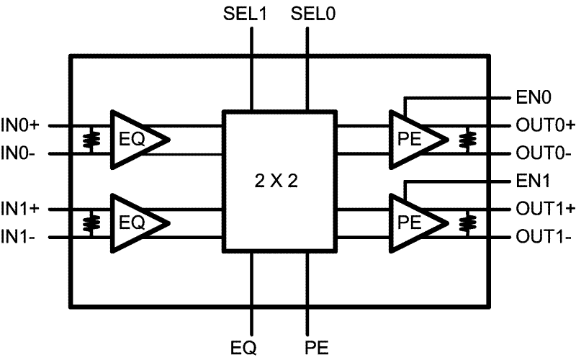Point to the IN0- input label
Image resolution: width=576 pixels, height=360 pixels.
click(24, 153)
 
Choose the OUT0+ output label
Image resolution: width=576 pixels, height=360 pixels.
click(544, 125)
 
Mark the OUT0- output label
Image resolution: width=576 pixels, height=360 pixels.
click(543, 153)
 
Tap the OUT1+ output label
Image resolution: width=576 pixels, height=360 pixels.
click(544, 209)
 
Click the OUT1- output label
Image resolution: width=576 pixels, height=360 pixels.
click(543, 236)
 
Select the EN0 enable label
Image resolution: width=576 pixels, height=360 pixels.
click(532, 97)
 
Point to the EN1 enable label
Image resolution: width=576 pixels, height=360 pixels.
click(532, 181)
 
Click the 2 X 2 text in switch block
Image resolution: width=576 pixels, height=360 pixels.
click(279, 181)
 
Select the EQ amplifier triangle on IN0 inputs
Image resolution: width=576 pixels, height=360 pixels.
click(135, 140)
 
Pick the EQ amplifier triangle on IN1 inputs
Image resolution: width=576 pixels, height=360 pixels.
click(135, 222)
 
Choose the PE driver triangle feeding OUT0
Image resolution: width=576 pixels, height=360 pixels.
click(413, 140)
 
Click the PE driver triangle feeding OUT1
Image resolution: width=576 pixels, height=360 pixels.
click(413, 222)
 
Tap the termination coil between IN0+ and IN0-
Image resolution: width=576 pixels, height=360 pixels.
click(90, 140)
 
